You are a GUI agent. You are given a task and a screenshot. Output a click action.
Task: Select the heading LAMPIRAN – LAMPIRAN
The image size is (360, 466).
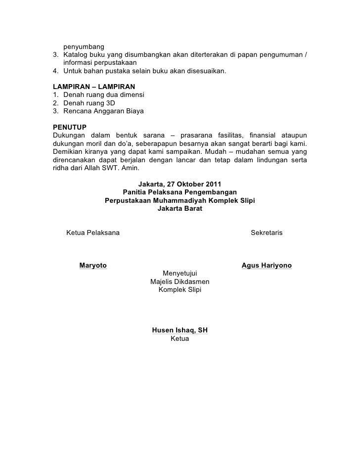(x=90, y=87)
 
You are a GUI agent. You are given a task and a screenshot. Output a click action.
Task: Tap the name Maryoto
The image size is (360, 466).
(x=93, y=266)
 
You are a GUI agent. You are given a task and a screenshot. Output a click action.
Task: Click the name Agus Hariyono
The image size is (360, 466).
(x=267, y=266)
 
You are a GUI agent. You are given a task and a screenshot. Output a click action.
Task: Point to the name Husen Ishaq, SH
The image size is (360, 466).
(x=180, y=330)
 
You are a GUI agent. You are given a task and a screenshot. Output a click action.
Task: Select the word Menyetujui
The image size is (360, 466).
(x=180, y=273)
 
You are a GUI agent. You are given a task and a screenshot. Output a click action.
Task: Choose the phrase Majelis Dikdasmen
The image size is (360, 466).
(x=180, y=281)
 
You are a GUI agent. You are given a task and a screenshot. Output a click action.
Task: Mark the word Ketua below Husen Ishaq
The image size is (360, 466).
(x=180, y=339)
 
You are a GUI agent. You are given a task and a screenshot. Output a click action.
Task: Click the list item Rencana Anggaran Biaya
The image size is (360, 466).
(x=103, y=112)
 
